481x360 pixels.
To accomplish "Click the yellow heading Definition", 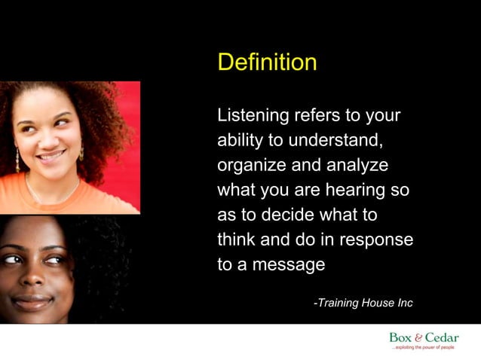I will (x=267, y=62).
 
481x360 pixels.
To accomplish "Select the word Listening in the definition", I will (x=253, y=116).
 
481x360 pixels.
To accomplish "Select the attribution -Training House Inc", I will (x=363, y=303).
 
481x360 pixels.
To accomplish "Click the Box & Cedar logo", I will (x=424, y=338).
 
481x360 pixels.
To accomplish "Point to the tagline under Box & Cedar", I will (x=423, y=348).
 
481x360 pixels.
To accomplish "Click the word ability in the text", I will (x=237, y=141).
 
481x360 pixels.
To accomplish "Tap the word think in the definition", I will (x=237, y=239).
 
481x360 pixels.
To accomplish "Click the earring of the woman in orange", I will (x=17, y=160).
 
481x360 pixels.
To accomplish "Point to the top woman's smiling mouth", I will (x=51, y=156).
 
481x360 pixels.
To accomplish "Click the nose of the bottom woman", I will (x=32, y=277).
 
